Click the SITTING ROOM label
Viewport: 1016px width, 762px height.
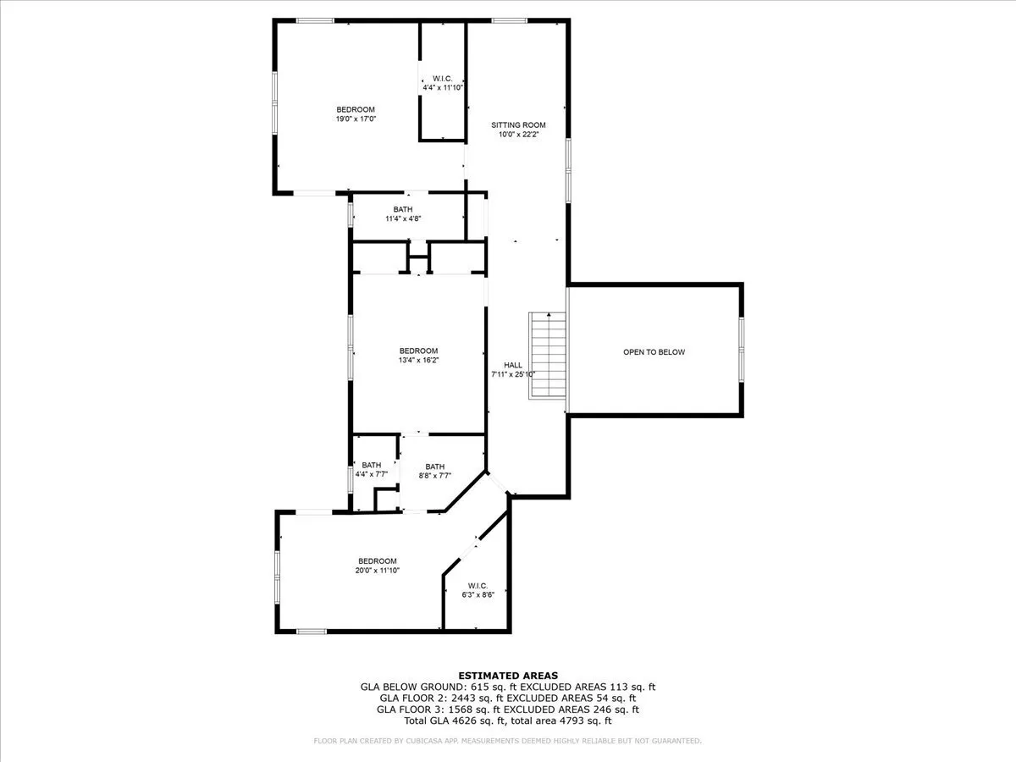[518, 125]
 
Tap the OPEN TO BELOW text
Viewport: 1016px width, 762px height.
[654, 352]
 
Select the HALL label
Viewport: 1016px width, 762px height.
[513, 365]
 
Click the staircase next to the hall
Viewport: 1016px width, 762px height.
[548, 356]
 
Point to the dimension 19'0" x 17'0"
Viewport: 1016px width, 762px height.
[356, 119]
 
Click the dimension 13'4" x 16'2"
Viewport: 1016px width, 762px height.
[418, 360]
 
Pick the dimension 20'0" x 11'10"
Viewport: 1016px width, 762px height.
[378, 571]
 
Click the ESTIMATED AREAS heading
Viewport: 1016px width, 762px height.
[508, 676]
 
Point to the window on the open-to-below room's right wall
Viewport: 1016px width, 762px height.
[741, 350]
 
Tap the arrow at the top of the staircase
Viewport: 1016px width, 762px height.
[549, 315]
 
